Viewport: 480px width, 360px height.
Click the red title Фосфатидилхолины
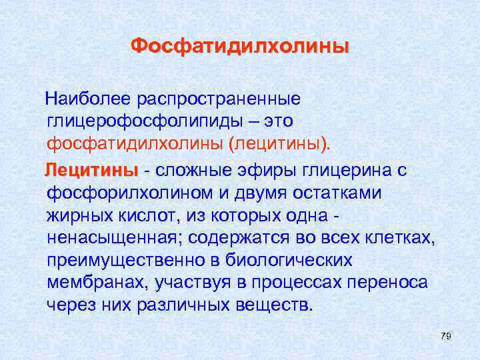[x=239, y=47]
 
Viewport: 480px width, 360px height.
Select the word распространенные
[x=219, y=99]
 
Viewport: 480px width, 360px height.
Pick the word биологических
[x=299, y=261]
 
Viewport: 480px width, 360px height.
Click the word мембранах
[x=97, y=283]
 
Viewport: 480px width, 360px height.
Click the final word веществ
[x=277, y=306]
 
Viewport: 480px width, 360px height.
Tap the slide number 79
[x=446, y=337]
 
